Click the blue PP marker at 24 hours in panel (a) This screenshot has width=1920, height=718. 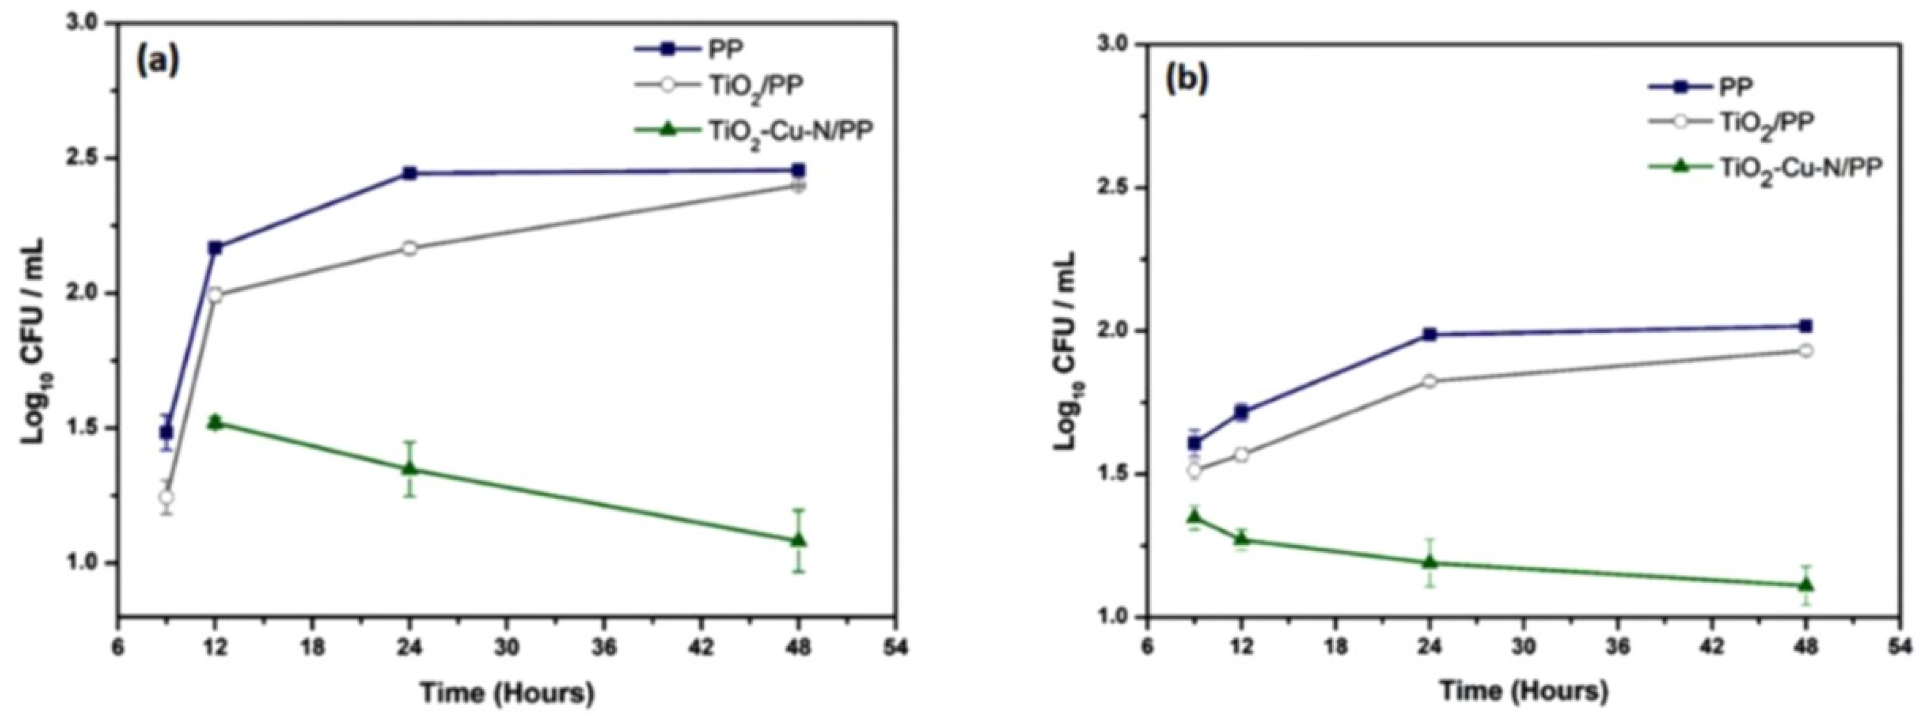pyautogui.click(x=409, y=174)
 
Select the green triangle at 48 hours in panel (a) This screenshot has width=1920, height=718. pyautogui.click(x=798, y=540)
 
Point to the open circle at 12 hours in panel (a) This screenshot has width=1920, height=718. pyautogui.click(x=216, y=295)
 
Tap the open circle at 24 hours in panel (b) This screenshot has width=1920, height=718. pyautogui.click(x=1430, y=382)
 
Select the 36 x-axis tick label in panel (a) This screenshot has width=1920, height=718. pyautogui.click(x=607, y=648)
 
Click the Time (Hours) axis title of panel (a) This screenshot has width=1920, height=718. pyautogui.click(x=507, y=694)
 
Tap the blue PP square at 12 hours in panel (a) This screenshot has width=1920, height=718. pyautogui.click(x=216, y=248)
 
